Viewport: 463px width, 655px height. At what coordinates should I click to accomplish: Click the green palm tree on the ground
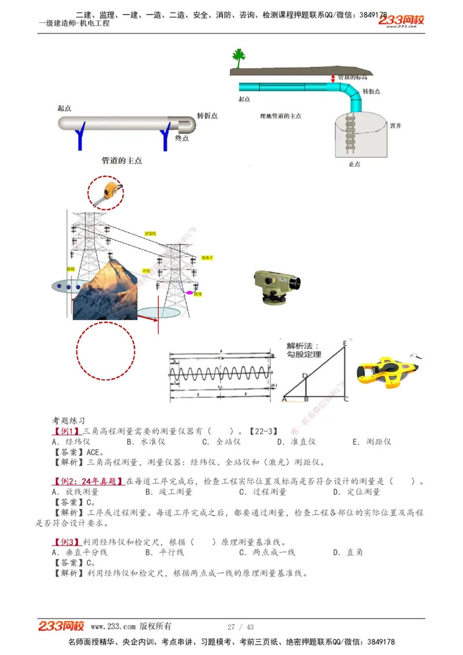pyautogui.click(x=238, y=59)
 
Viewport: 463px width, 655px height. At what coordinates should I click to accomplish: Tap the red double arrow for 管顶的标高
pyautogui.click(x=333, y=78)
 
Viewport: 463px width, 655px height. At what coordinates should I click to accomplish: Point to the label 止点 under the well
pyautogui.click(x=354, y=164)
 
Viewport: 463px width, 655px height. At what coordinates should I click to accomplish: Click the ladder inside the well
pyautogui.click(x=350, y=133)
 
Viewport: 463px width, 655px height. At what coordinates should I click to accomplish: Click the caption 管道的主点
pyautogui.click(x=122, y=160)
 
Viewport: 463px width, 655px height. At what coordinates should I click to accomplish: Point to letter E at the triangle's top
pyautogui.click(x=345, y=344)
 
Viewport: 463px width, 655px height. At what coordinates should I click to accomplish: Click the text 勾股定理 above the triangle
pyautogui.click(x=304, y=354)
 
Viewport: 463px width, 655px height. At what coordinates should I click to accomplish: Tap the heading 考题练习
pyautogui.click(x=69, y=421)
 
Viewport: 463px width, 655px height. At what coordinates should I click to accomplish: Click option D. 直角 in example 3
pyautogui.click(x=348, y=553)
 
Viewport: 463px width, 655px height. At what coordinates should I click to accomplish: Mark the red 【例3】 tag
pyautogui.click(x=66, y=542)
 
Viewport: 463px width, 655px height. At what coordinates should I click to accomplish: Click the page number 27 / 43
pyautogui.click(x=241, y=627)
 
